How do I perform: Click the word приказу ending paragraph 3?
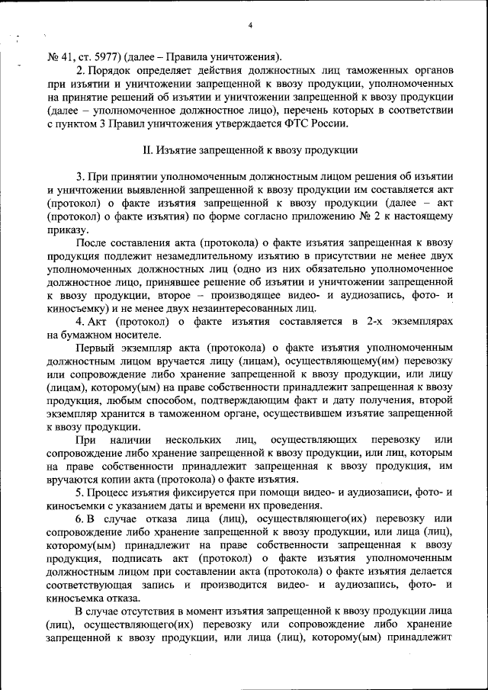66,229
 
